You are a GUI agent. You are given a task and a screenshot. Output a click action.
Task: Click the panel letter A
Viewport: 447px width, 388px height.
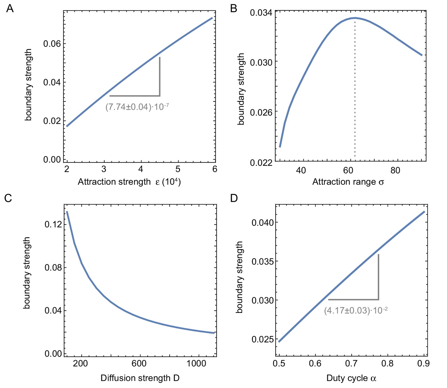point(10,9)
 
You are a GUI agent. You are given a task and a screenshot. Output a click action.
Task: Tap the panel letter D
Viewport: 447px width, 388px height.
point(234,198)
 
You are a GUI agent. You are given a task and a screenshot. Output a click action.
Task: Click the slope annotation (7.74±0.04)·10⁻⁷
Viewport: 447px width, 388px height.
point(137,107)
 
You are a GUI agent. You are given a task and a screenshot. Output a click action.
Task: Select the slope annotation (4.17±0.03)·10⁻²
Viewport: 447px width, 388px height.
point(356,311)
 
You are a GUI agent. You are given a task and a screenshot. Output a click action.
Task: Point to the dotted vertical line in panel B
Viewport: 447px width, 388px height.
point(355,89)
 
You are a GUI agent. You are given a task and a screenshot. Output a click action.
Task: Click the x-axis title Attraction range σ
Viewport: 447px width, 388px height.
point(348,182)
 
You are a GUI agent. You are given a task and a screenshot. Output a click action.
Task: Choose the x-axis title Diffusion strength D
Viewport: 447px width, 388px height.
point(140,378)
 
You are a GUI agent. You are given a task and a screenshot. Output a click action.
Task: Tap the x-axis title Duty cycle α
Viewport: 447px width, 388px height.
point(351,378)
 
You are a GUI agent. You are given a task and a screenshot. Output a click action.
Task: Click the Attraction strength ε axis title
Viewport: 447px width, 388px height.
point(129,182)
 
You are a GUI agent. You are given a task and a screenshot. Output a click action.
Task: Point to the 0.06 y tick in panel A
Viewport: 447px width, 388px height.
point(52,44)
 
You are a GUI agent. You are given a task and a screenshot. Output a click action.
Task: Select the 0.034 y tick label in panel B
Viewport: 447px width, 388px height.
point(261,13)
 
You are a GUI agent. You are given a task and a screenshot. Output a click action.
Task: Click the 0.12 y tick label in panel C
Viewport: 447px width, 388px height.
point(53,224)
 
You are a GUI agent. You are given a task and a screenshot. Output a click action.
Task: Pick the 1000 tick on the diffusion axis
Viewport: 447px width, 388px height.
point(197,363)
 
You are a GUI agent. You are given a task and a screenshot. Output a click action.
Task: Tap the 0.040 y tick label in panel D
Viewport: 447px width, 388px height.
point(262,222)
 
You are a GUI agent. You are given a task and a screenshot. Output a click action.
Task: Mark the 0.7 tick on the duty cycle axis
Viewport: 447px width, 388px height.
point(351,363)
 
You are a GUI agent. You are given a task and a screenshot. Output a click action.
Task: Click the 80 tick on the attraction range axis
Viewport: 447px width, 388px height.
point(395,170)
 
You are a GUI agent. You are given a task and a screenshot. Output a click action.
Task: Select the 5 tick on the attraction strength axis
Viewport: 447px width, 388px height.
point(178,169)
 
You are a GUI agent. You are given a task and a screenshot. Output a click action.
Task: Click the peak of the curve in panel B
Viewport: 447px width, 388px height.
point(355,18)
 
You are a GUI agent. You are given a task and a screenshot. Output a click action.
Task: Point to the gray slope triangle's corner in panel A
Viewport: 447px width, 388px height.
point(160,96)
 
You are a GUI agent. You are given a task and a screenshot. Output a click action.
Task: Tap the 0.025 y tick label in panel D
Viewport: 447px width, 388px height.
point(262,339)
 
